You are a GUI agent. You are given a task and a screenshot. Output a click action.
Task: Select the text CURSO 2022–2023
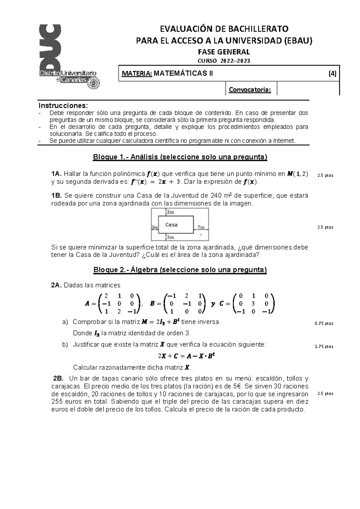[224, 61]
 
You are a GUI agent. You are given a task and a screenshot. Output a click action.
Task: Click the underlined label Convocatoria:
[250, 90]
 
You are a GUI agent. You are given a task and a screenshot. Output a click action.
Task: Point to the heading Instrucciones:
[64, 106]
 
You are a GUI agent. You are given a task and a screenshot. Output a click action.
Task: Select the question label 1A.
[57, 174]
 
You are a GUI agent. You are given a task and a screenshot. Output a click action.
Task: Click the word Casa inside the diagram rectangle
[171, 224]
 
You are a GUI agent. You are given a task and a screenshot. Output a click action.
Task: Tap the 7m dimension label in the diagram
[201, 227]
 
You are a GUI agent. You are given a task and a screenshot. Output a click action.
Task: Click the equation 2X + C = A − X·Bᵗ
[187, 356]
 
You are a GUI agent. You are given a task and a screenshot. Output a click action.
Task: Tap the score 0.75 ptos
[324, 324]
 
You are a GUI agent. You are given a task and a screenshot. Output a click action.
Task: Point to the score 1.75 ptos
[324, 346]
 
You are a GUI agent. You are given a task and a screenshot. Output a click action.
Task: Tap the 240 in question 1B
[217, 196]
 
